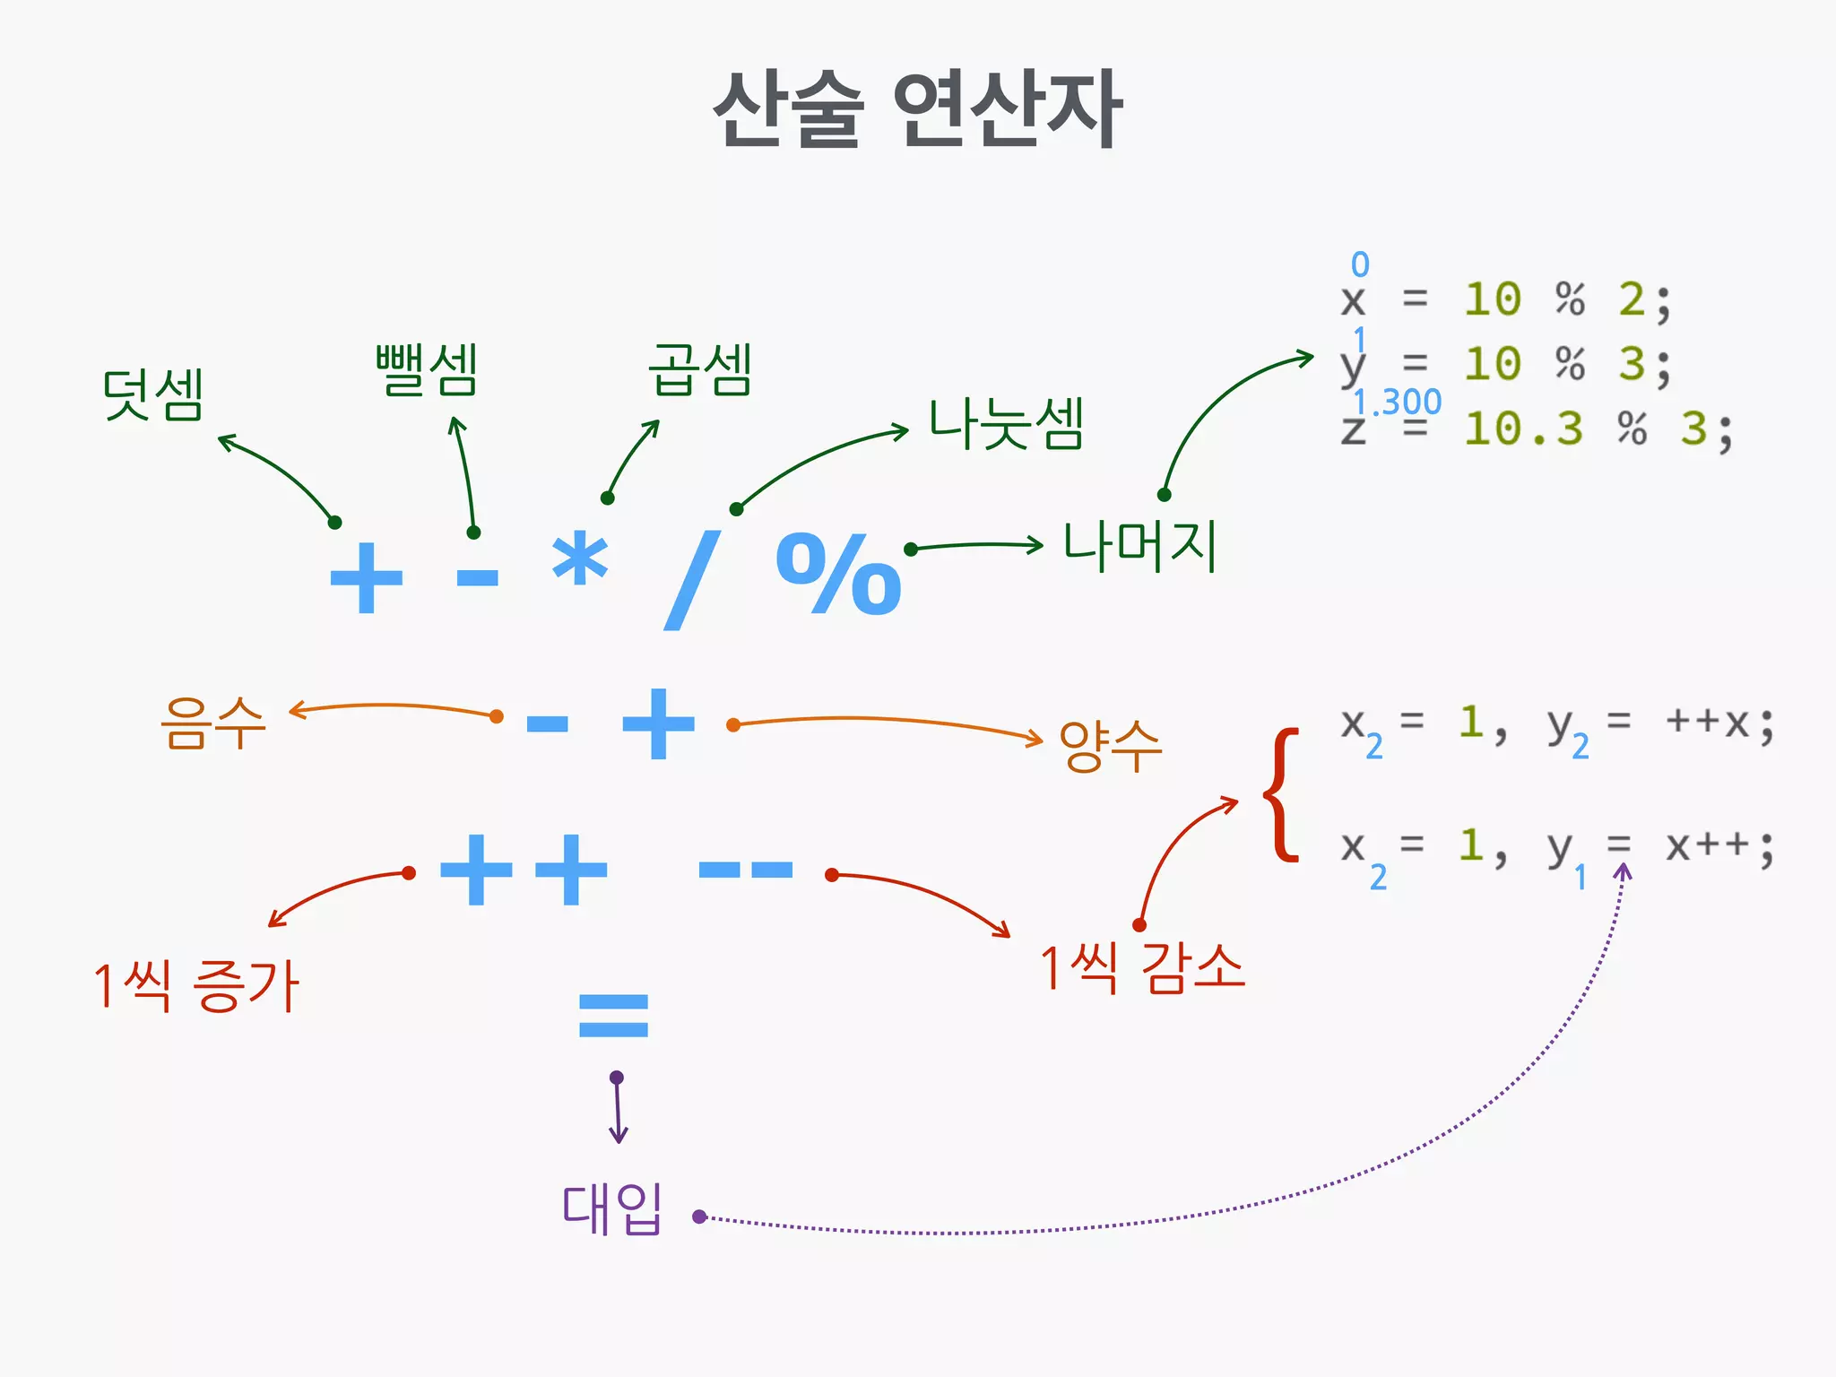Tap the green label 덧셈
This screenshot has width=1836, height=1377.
pyautogui.click(x=153, y=394)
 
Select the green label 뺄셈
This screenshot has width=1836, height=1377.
pyautogui.click(x=427, y=369)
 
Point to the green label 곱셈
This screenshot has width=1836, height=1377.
pyautogui.click(x=700, y=369)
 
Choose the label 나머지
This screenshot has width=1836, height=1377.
pyautogui.click(x=1139, y=546)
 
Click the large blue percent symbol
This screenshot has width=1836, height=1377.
pyautogui.click(x=838, y=574)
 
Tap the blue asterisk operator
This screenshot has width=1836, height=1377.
pyautogui.click(x=580, y=558)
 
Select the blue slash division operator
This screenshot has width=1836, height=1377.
pyautogui.click(x=692, y=579)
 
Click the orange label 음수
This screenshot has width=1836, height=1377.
pyautogui.click(x=213, y=723)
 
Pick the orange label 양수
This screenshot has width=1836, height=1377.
pyautogui.click(x=1110, y=745)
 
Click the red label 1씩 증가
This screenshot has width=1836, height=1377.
pyautogui.click(x=196, y=986)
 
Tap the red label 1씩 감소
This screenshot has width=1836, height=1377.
pyautogui.click(x=1142, y=968)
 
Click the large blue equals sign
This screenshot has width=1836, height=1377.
pyautogui.click(x=613, y=1016)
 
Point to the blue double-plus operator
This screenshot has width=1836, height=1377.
pyautogui.click(x=524, y=870)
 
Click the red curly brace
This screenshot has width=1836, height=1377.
pyautogui.click(x=1282, y=794)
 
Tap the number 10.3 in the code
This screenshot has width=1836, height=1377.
pyautogui.click(x=1523, y=429)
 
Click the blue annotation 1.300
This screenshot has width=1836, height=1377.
pyautogui.click(x=1397, y=402)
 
